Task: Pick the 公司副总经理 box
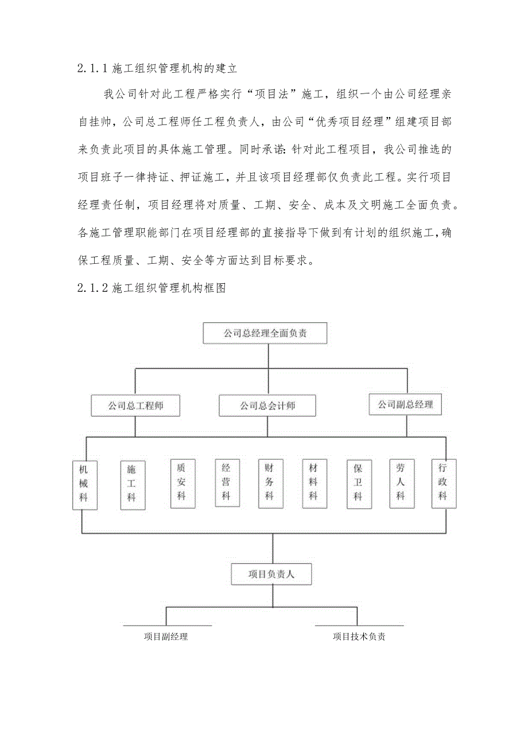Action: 405,405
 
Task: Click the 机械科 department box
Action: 84,485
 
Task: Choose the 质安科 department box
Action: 181,483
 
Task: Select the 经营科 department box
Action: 226,483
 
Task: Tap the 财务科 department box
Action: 269,483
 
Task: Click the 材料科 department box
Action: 313,483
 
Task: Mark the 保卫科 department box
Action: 358,483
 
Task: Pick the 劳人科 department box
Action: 401,483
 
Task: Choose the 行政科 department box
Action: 443,483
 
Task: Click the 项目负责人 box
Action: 271,574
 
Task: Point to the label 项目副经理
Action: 166,636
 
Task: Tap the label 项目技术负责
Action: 359,636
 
